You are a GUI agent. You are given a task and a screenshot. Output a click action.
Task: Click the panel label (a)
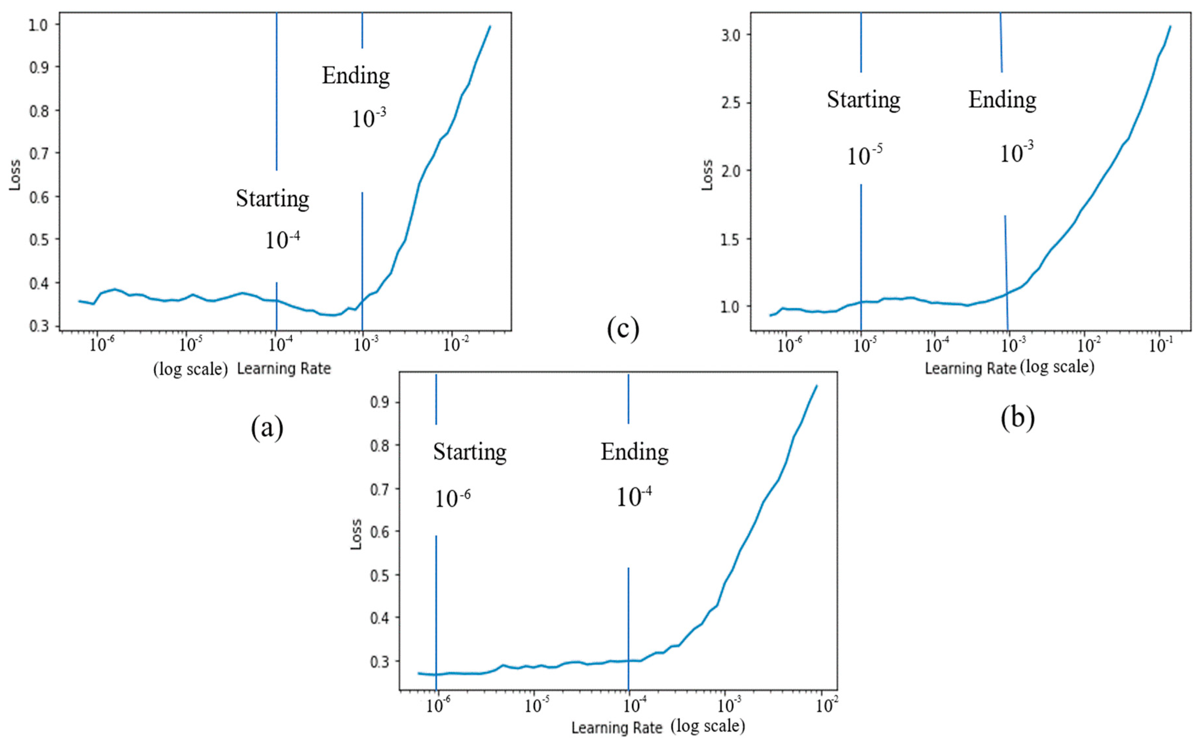coord(267,428)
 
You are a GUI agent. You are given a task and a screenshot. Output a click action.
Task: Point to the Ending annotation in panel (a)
coord(356,76)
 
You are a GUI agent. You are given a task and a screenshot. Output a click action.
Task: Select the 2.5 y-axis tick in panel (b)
coord(730,103)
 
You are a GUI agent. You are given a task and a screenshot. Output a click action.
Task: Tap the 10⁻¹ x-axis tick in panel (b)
coord(1161,346)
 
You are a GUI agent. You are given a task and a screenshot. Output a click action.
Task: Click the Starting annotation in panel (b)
coord(864,100)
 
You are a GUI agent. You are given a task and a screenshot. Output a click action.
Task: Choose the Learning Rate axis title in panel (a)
coord(284,369)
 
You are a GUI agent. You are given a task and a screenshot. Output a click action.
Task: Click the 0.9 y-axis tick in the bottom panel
coord(379,402)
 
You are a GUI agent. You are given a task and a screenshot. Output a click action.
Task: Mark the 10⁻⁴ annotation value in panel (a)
coord(283,239)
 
